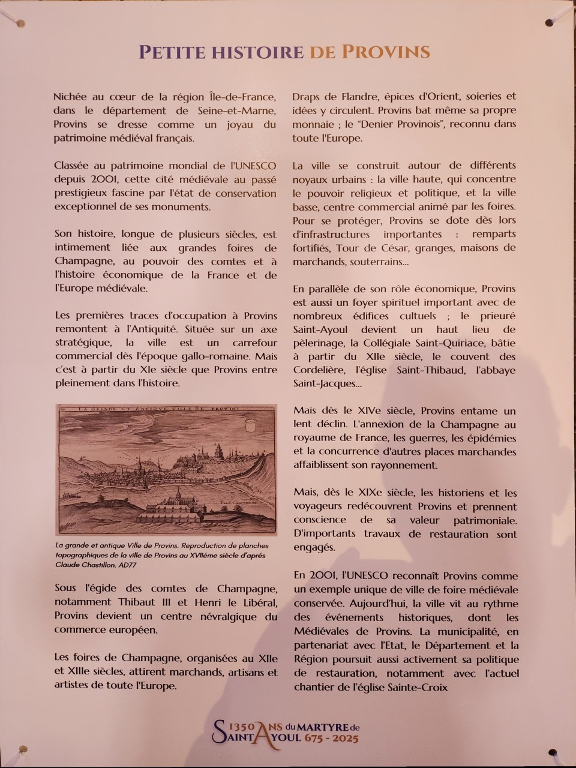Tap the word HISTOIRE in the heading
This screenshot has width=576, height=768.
[258, 52]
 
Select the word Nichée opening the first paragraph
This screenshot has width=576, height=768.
[72, 97]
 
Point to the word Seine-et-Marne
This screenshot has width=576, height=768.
[237, 110]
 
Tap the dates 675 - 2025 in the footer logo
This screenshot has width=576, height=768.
[332, 737]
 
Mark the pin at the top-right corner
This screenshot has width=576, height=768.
[549, 23]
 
